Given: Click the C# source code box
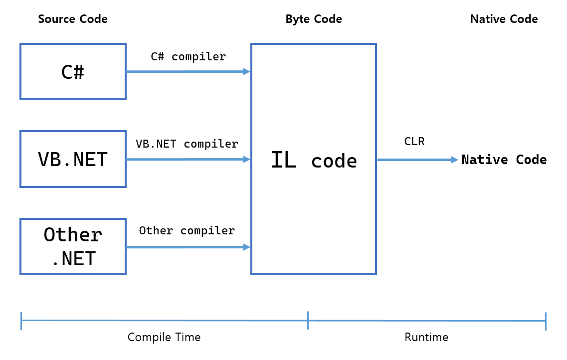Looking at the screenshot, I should click(73, 71).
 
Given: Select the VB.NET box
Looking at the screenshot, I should click(73, 159).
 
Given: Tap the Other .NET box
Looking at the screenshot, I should click(73, 246).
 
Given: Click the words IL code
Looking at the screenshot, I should click(314, 160).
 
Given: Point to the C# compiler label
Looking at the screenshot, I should click(188, 56).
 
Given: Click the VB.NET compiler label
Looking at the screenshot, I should click(187, 144).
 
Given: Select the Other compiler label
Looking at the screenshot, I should click(187, 230).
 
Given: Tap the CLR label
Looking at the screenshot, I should click(414, 142).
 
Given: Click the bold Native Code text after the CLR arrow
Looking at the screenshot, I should click(504, 160).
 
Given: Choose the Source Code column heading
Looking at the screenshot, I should click(73, 19).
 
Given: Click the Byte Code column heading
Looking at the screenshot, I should click(314, 19).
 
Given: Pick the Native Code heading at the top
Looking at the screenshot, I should click(504, 19).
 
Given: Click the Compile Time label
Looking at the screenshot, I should click(164, 337).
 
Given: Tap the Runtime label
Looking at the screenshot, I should click(426, 337).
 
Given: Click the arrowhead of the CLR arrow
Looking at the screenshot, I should click(454, 160).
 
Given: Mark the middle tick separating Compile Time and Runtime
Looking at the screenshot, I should click(308, 320).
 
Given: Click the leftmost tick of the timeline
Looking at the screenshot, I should click(21, 321).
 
